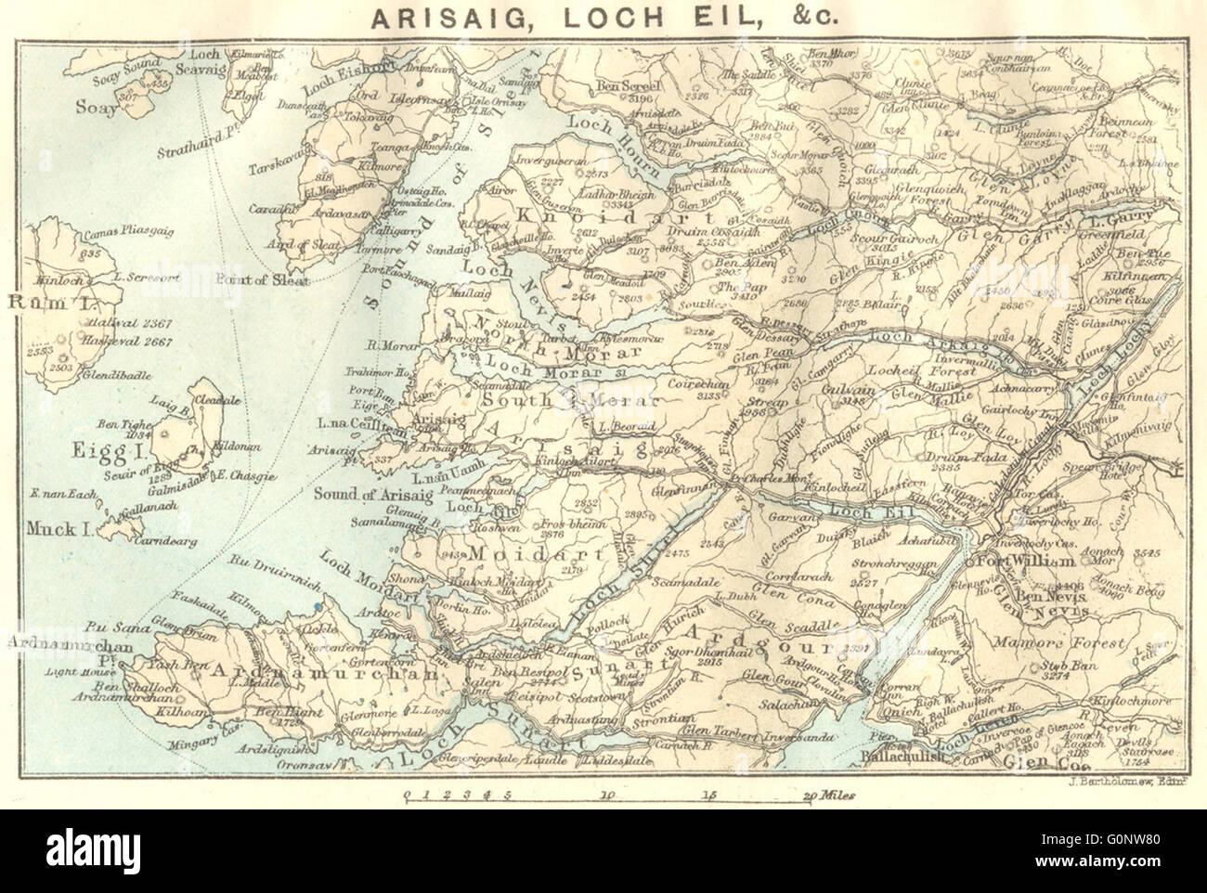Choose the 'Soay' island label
coord(97,108)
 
